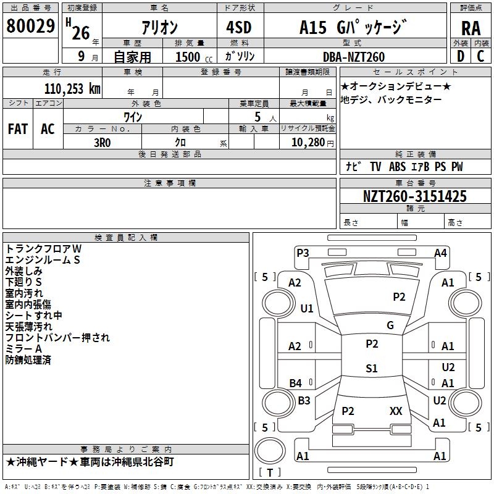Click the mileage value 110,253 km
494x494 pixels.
pos(72,88)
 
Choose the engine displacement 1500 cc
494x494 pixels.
pos(190,57)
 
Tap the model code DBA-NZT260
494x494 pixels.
pos(354,57)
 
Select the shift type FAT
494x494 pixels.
pos(18,128)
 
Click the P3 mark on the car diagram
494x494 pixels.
pos(303,252)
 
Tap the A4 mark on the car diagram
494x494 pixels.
pos(440,253)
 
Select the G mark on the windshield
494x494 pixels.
pos(390,325)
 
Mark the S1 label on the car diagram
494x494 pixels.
pos(371,369)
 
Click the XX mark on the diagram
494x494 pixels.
pos(396,411)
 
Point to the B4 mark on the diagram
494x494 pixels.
pos(295,383)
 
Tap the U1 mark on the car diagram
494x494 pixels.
pos(307,308)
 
